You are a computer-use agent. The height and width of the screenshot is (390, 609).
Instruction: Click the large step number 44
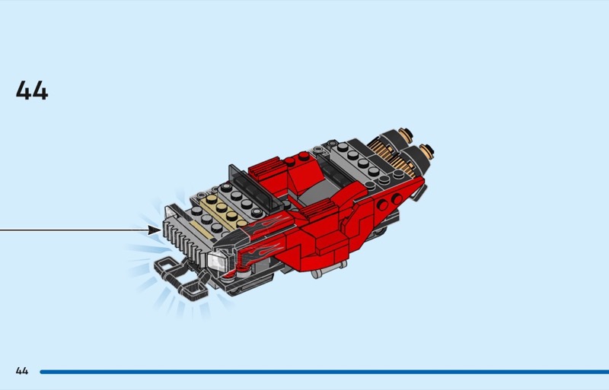(x=32, y=90)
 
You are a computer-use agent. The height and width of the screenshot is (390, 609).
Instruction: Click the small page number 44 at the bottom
(x=22, y=371)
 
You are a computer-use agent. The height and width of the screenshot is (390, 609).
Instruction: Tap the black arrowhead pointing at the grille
(x=155, y=230)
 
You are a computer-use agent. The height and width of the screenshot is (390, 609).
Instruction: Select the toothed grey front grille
(x=188, y=239)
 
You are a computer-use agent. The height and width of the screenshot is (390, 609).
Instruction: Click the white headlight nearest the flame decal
(x=218, y=261)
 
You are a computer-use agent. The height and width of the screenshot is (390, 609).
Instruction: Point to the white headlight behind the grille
(x=171, y=211)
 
